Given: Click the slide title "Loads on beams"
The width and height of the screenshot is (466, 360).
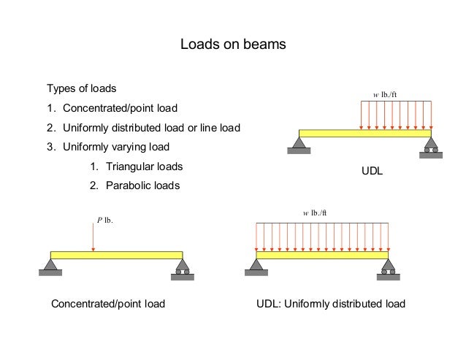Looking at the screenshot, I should tap(233, 45).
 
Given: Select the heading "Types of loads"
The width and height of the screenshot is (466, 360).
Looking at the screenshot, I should tap(81, 90).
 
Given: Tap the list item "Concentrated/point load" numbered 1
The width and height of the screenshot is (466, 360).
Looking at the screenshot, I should tap(119, 110).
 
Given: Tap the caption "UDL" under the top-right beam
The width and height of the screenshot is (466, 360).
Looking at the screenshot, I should tap(373, 172).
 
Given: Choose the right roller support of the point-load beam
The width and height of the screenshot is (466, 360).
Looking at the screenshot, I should tap(182, 268).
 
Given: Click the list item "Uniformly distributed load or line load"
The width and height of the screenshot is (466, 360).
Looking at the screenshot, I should tap(150, 129).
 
